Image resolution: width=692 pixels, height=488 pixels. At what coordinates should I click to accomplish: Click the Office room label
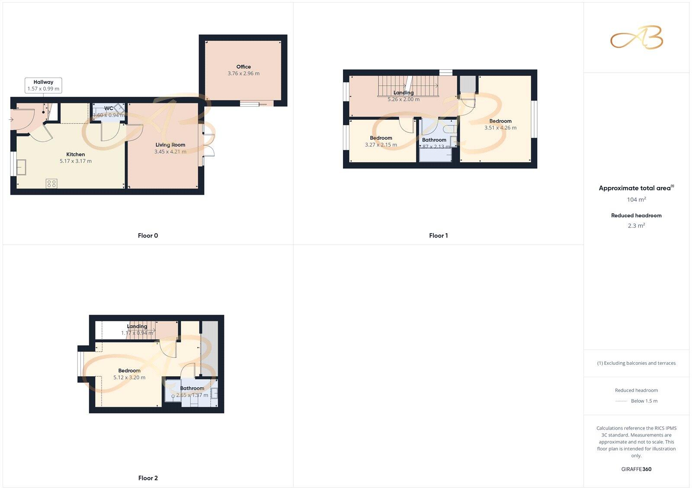point(243,67)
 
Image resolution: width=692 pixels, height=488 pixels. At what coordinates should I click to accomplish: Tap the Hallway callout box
point(43,85)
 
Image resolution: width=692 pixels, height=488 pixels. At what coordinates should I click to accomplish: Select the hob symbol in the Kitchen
point(51,183)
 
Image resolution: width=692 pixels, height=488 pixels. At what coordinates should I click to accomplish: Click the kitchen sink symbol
point(21,167)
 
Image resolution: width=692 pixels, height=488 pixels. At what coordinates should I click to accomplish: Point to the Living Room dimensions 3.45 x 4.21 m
point(170,152)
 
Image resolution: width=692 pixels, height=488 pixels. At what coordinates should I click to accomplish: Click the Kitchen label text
point(76,154)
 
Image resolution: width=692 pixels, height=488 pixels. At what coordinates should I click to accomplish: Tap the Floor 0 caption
point(148,236)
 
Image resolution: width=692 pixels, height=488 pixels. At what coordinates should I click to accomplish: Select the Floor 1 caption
point(438,236)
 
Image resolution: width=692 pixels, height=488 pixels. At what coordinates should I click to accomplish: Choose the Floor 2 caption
point(148,478)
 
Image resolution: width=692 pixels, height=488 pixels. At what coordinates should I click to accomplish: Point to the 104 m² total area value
point(636,199)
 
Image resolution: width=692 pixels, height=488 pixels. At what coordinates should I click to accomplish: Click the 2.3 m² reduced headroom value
point(636,225)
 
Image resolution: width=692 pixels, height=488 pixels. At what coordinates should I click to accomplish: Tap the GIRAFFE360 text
point(636,469)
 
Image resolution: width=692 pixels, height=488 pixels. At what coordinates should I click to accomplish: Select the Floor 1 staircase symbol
point(408,86)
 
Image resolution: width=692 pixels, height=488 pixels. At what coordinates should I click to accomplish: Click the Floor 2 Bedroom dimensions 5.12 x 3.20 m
point(129,378)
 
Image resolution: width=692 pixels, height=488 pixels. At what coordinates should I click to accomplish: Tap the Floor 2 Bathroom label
point(192,388)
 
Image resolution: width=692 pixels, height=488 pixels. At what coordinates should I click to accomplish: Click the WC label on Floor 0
point(109,109)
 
